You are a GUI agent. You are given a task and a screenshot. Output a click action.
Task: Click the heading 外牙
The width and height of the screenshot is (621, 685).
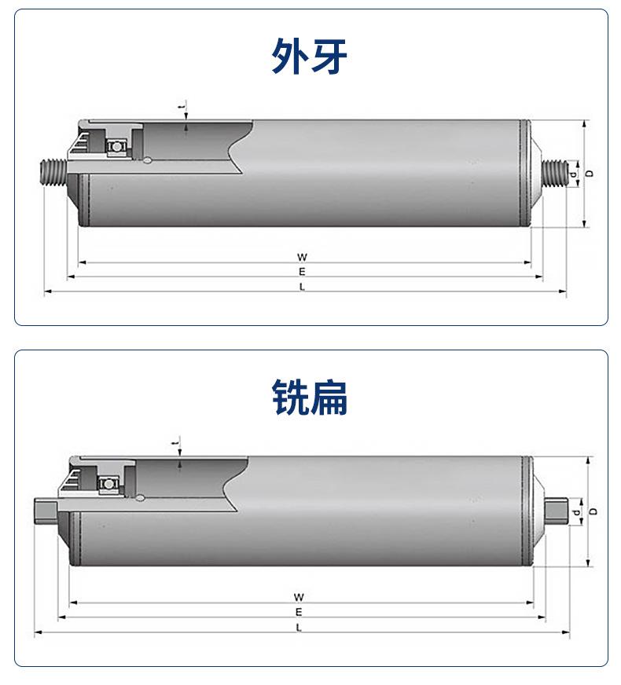(310, 56)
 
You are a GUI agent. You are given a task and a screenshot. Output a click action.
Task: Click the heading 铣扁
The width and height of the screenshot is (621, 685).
(310, 397)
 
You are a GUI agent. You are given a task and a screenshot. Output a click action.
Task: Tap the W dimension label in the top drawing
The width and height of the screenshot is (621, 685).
(302, 257)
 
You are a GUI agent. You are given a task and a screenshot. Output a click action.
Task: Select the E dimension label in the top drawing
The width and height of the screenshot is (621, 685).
(302, 272)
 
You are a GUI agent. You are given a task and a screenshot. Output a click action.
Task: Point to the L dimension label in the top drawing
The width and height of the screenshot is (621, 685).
(302, 287)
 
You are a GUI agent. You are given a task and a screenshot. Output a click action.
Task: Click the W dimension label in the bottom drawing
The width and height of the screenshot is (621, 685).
(299, 597)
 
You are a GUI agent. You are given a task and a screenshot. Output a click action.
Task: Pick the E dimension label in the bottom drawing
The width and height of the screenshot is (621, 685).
(299, 612)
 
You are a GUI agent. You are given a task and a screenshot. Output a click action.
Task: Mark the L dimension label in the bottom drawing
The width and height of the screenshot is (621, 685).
(299, 628)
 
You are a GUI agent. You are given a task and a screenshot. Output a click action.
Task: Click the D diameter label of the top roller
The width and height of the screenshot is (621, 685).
(590, 174)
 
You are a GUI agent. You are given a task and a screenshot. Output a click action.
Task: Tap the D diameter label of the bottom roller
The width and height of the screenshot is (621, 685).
(593, 511)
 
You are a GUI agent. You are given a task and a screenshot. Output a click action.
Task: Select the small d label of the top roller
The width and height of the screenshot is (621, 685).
(573, 174)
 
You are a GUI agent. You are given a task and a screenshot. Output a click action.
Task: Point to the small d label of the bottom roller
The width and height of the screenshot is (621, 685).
(577, 511)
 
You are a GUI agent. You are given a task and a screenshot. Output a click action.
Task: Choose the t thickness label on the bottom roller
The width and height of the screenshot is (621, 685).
(175, 444)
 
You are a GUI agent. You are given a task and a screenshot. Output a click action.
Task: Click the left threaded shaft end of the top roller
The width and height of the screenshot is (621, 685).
(53, 174)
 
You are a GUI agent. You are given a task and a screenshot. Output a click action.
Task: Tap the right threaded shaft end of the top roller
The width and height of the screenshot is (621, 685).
(554, 174)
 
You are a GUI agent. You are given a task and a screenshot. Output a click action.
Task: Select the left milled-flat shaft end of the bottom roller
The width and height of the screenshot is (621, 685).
(46, 511)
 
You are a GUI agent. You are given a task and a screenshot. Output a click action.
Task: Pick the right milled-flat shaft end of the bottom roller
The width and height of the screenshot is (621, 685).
(557, 511)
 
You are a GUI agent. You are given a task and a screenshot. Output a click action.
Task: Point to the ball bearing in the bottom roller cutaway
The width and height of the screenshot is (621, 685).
(108, 484)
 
